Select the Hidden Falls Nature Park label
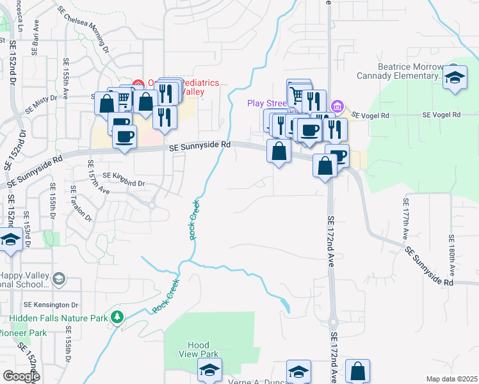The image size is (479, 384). [58, 317]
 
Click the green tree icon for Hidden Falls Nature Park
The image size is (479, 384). [117, 317]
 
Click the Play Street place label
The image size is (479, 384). [266, 103]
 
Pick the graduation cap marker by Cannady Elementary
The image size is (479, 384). [455, 78]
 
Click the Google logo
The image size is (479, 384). [21, 376]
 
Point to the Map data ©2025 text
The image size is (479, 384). [451, 379]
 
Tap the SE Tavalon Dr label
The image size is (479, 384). [74, 206]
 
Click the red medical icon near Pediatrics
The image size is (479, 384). [138, 83]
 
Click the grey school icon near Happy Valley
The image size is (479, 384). [60, 278]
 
